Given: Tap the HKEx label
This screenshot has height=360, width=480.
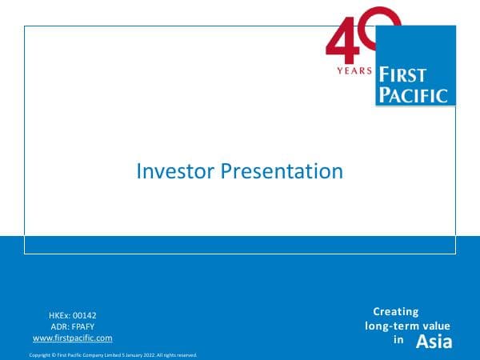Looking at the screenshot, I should (x=60, y=316).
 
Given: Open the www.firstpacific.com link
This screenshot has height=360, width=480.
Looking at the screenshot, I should (x=72, y=338).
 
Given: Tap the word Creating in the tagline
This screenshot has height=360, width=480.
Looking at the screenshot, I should (x=395, y=312).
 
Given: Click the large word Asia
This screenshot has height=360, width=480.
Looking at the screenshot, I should (x=434, y=342).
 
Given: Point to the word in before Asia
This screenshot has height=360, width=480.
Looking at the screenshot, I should (x=398, y=340).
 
